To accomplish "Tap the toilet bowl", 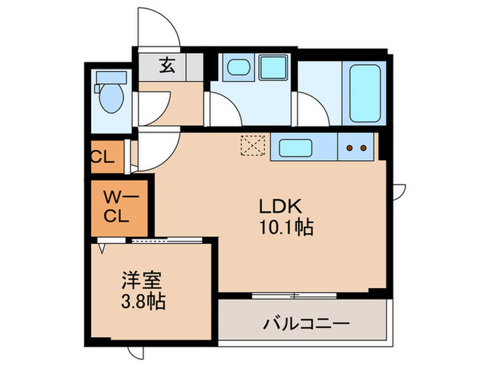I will (x=111, y=101).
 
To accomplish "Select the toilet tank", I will (x=108, y=78).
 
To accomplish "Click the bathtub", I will (x=365, y=92).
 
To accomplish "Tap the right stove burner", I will (x=363, y=147).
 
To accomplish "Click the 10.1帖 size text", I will (x=286, y=227).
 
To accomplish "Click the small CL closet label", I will (x=102, y=157).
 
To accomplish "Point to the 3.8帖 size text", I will (x=142, y=303).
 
